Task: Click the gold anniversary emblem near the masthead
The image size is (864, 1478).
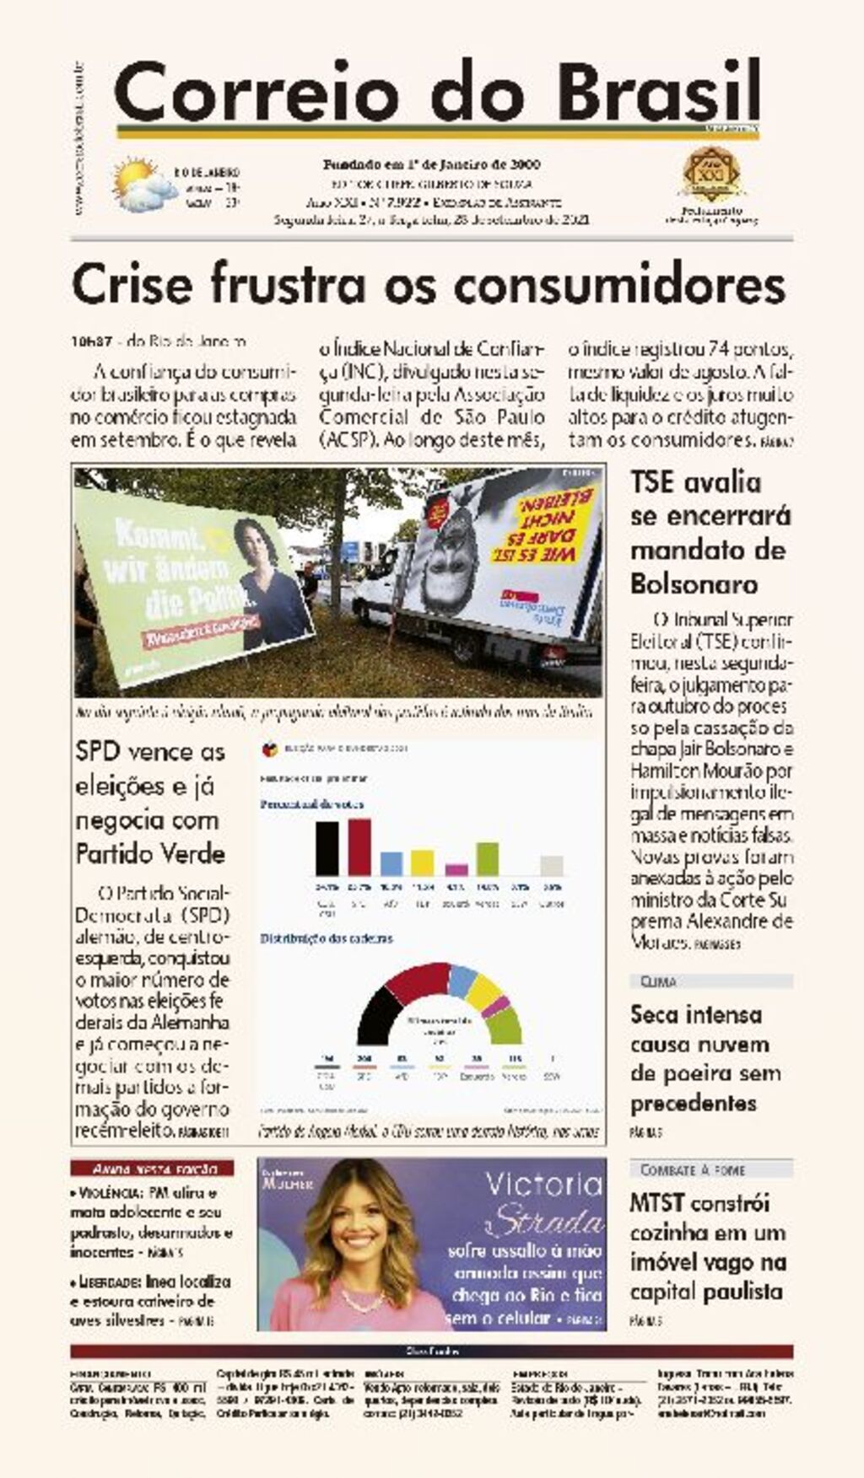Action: [x=710, y=175]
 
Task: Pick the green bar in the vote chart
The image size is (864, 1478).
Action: [x=487, y=858]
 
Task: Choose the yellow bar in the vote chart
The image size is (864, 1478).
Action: [x=422, y=863]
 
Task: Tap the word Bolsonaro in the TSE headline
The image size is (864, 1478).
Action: [x=694, y=583]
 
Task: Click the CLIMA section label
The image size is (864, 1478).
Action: [x=659, y=981]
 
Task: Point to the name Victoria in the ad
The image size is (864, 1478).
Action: [x=543, y=1185]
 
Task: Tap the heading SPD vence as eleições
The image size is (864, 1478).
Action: [x=150, y=752]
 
